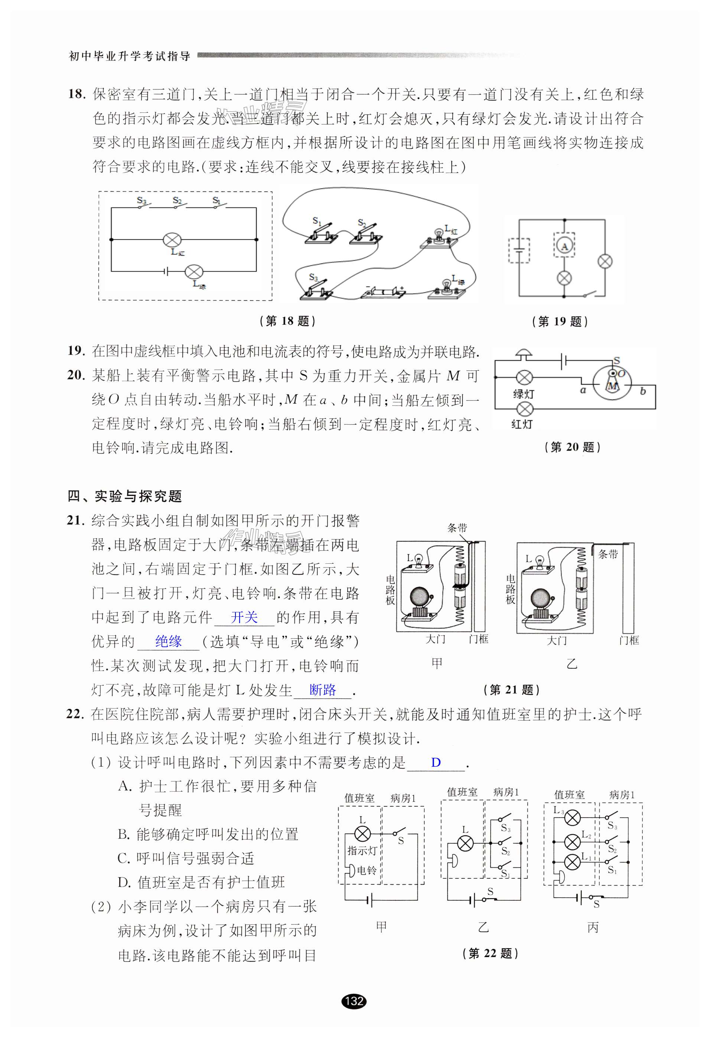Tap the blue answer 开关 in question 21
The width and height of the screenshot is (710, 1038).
click(x=244, y=617)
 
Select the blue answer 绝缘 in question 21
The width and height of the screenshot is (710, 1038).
click(x=169, y=641)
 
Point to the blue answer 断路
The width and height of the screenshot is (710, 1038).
click(x=323, y=690)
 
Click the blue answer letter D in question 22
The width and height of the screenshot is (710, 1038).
click(x=436, y=762)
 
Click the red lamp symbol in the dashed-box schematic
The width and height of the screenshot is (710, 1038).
click(x=172, y=240)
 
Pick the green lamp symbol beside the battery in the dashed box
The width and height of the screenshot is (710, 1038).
click(x=194, y=271)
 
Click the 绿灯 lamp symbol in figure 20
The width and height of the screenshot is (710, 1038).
click(x=525, y=378)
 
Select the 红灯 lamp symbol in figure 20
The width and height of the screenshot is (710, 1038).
click(x=525, y=408)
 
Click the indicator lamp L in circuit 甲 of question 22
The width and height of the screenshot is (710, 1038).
click(x=362, y=834)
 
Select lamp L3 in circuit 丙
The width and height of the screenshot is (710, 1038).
click(x=572, y=818)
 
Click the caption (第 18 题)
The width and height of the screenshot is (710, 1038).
click(x=287, y=321)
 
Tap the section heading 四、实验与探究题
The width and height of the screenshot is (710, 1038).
click(x=125, y=496)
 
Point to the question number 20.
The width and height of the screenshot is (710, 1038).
click(x=76, y=375)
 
